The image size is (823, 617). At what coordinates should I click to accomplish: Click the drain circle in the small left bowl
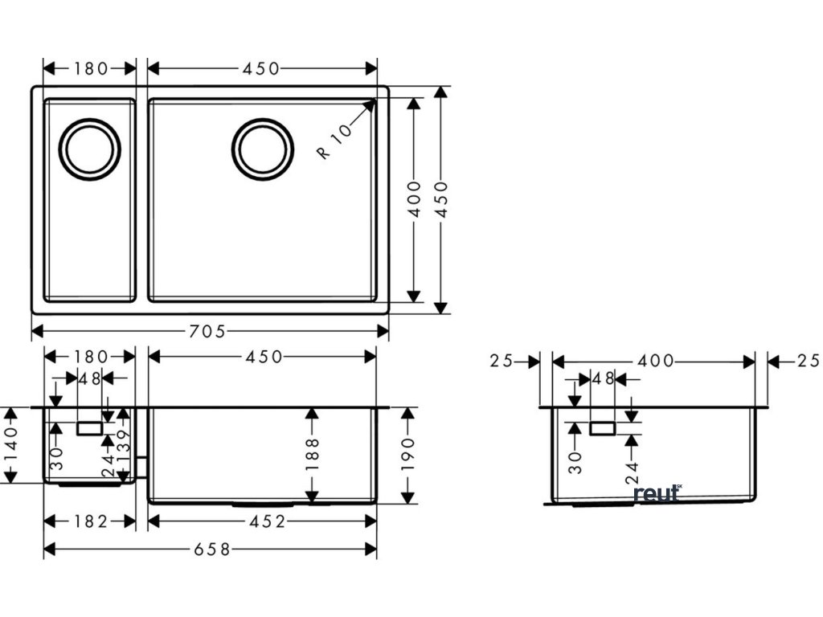pos(89,149)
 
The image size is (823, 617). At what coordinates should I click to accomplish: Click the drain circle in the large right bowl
pos(262,149)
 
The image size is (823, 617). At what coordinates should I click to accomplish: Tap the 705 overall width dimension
pos(208,330)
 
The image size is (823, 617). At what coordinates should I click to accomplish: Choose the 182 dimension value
pos(89,521)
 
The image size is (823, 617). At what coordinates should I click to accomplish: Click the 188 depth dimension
pos(313,453)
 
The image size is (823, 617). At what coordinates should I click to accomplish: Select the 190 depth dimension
pos(407,453)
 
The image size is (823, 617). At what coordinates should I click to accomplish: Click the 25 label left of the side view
pos(502,362)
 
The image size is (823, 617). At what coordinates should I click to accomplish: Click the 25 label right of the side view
pos(806,362)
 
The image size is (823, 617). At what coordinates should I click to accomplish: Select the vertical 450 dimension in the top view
pos(440,200)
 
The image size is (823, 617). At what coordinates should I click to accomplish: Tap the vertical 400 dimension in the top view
pos(413,200)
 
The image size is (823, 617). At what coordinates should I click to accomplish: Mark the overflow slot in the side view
pos(602,428)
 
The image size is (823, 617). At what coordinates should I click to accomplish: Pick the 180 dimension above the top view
pos(90,68)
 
